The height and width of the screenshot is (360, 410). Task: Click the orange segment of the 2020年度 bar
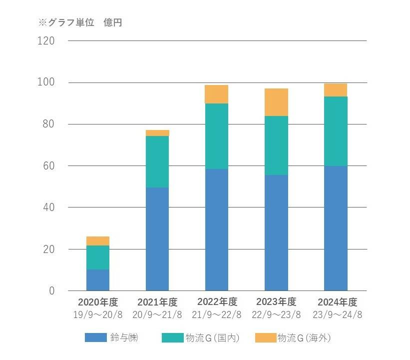pyautogui.click(x=98, y=241)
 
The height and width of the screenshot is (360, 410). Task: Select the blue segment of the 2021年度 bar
pyautogui.click(x=157, y=239)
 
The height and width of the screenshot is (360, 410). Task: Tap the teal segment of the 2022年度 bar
pyautogui.click(x=217, y=136)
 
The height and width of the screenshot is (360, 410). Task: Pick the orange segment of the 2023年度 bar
pyautogui.click(x=276, y=102)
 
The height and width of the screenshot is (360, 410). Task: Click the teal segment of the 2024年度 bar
pyautogui.click(x=336, y=131)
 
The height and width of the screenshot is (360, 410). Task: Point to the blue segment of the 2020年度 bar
pyautogui.click(x=98, y=280)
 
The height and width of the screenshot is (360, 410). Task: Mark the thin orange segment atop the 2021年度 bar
pyautogui.click(x=157, y=133)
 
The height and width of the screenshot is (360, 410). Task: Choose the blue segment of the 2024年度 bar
pyautogui.click(x=336, y=228)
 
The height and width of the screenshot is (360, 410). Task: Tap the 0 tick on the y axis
pyautogui.click(x=52, y=290)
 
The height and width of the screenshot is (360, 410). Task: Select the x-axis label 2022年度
pyautogui.click(x=217, y=302)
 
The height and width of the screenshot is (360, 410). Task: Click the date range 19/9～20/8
pyautogui.click(x=98, y=314)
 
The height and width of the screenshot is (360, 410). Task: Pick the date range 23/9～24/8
pyautogui.click(x=336, y=314)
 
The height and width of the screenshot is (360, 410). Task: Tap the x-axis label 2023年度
pyautogui.click(x=276, y=302)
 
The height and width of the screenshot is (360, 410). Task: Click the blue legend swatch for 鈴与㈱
pyautogui.click(x=96, y=338)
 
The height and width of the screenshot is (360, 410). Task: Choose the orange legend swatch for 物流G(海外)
pyautogui.click(x=265, y=338)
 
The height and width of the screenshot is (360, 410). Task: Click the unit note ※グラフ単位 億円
pyautogui.click(x=80, y=22)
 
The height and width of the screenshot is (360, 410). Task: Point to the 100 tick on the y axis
pyautogui.click(x=46, y=82)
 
